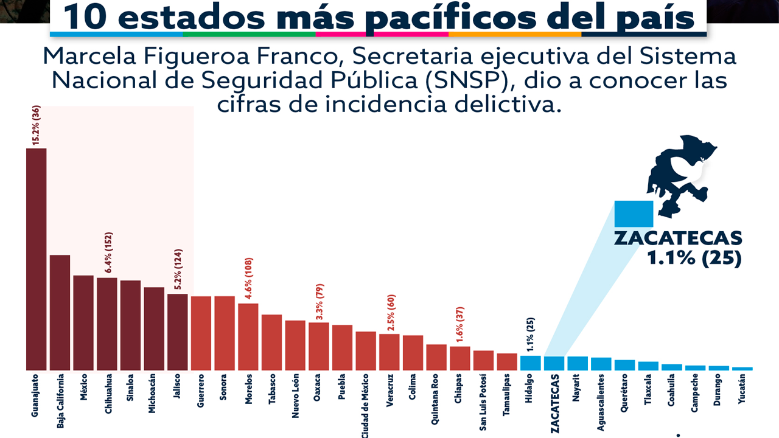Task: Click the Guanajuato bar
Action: tap(36, 259)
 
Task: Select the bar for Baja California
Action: tap(60, 313)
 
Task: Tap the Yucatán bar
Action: tap(742, 369)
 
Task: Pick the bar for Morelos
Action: tap(248, 336)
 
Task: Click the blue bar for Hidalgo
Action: tap(530, 363)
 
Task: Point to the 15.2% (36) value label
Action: tap(36, 125)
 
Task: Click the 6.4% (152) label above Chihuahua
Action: tap(107, 253)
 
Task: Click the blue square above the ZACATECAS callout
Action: tap(634, 214)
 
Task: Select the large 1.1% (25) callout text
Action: tap(694, 258)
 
